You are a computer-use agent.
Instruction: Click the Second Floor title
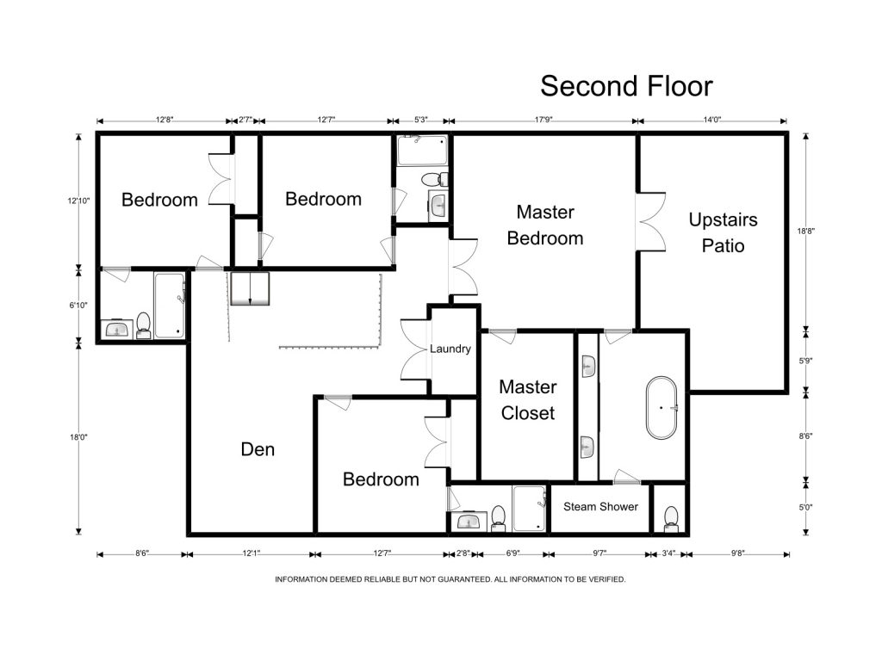click(x=626, y=86)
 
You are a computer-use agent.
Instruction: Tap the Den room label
click(x=258, y=449)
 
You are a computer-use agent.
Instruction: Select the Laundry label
click(x=450, y=349)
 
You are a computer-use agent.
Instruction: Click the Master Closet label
click(x=528, y=399)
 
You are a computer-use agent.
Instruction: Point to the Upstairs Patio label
click(x=723, y=232)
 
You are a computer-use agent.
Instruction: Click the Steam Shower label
click(x=600, y=506)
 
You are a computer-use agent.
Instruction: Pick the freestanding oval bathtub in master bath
click(x=661, y=407)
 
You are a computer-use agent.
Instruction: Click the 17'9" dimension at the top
click(x=543, y=120)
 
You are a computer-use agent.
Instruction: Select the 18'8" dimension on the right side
click(x=805, y=231)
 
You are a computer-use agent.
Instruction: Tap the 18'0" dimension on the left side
click(x=78, y=436)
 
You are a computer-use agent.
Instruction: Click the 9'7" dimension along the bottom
click(x=599, y=553)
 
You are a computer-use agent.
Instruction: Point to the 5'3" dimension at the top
click(x=420, y=120)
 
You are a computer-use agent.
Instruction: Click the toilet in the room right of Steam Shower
click(x=671, y=519)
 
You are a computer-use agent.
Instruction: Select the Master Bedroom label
click(x=545, y=225)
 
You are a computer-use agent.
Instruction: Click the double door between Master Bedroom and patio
click(x=651, y=222)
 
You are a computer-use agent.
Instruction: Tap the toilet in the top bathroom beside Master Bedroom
click(x=434, y=179)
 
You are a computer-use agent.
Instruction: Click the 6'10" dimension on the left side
click(x=78, y=306)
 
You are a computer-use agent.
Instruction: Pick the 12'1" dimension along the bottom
click(x=252, y=553)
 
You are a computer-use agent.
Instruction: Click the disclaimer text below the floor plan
click(x=450, y=579)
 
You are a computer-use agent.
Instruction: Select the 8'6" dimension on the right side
click(x=805, y=436)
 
